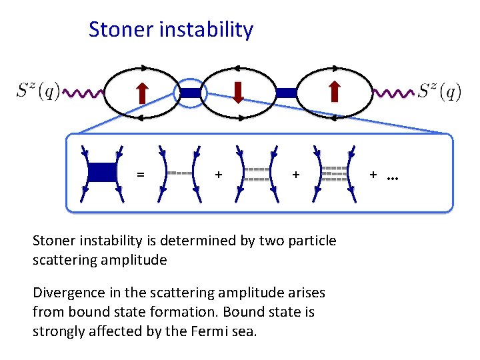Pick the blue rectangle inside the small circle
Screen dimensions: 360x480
point(190,93)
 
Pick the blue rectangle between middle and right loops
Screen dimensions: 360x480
point(286,93)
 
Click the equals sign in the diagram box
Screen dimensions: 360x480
point(140,175)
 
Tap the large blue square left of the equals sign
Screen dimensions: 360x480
point(102,172)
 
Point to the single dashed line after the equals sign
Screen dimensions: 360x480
point(179,173)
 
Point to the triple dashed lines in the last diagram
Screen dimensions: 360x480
point(334,173)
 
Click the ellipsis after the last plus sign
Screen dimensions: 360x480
point(392,176)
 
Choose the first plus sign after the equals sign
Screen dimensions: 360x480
point(218,175)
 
